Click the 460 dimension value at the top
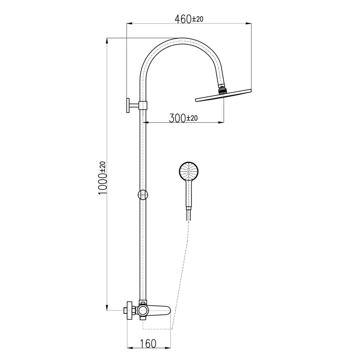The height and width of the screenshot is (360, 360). click(x=183, y=19)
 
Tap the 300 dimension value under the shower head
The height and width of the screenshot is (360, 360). click(x=177, y=118)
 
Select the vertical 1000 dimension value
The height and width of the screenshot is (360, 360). click(x=102, y=184)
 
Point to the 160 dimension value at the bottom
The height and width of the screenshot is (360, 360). click(x=148, y=344)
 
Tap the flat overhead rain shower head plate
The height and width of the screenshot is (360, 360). click(x=223, y=95)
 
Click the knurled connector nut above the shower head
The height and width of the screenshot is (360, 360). click(x=222, y=90)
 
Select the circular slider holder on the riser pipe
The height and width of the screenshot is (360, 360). click(x=143, y=195)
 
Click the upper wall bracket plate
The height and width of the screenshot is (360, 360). click(x=128, y=105)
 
